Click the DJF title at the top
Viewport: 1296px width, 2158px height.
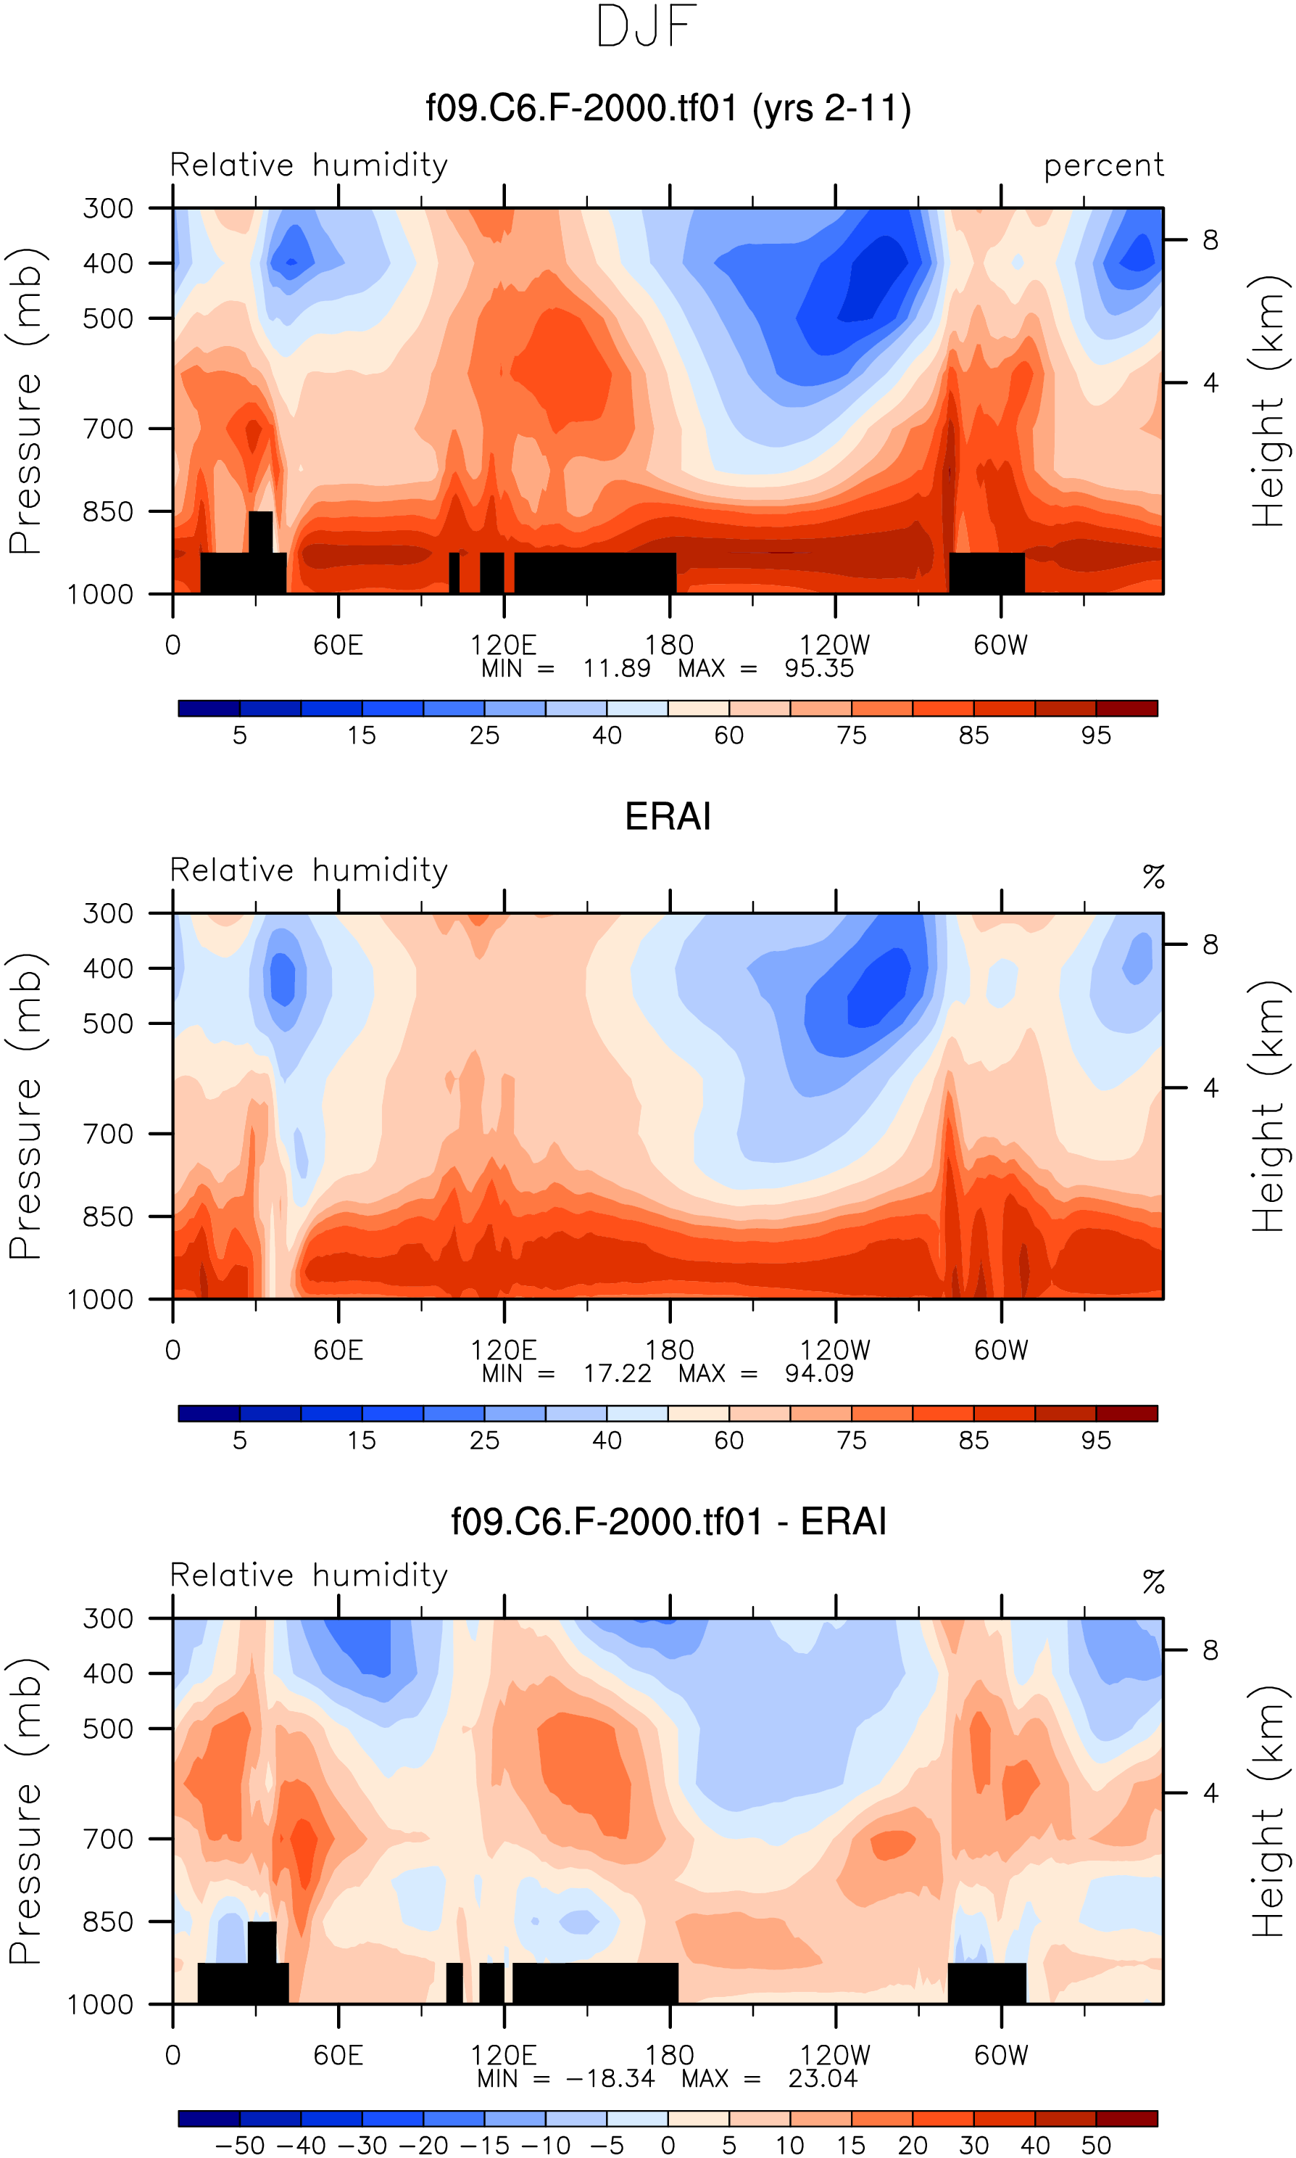(647, 26)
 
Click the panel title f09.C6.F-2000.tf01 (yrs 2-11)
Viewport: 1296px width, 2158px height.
(668, 108)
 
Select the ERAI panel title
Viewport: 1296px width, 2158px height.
(668, 816)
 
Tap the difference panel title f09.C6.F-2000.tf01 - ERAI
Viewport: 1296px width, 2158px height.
(668, 1521)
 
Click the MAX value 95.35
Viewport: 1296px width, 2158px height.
(818, 668)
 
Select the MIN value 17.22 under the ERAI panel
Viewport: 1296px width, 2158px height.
(618, 1373)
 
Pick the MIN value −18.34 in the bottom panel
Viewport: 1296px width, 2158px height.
(610, 2078)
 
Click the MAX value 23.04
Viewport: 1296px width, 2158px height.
(823, 2078)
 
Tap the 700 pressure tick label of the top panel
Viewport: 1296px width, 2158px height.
(108, 429)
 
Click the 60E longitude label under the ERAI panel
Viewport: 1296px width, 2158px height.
(338, 1350)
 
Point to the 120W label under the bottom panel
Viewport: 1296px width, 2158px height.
(835, 2055)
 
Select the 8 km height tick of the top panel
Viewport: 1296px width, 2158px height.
(1210, 239)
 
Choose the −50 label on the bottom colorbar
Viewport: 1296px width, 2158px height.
(240, 2146)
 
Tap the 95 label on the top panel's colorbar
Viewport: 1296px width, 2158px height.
(1096, 736)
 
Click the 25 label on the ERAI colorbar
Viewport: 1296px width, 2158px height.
(485, 1441)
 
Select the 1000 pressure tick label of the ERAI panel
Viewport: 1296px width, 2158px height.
(101, 1299)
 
